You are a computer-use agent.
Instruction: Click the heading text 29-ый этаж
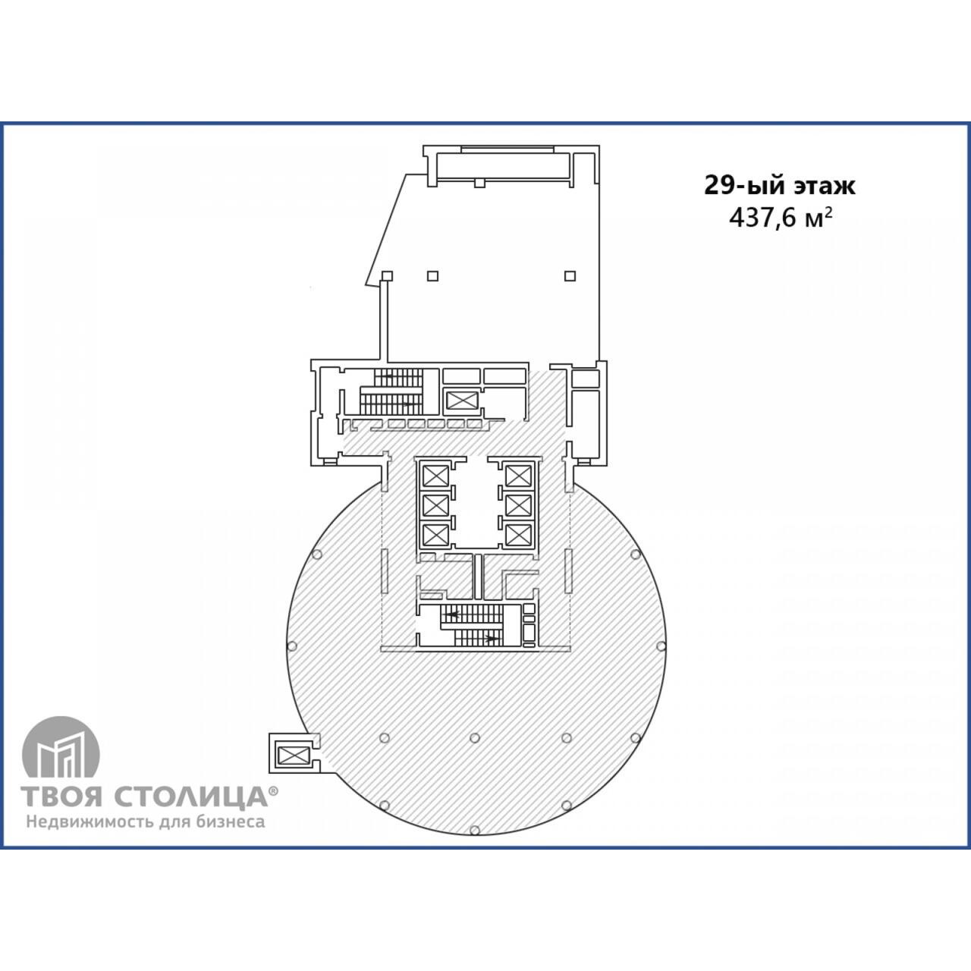click(780, 185)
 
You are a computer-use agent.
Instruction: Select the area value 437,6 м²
click(781, 218)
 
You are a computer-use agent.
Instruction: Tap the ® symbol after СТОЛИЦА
click(274, 792)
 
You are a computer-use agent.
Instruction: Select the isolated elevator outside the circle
click(294, 755)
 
